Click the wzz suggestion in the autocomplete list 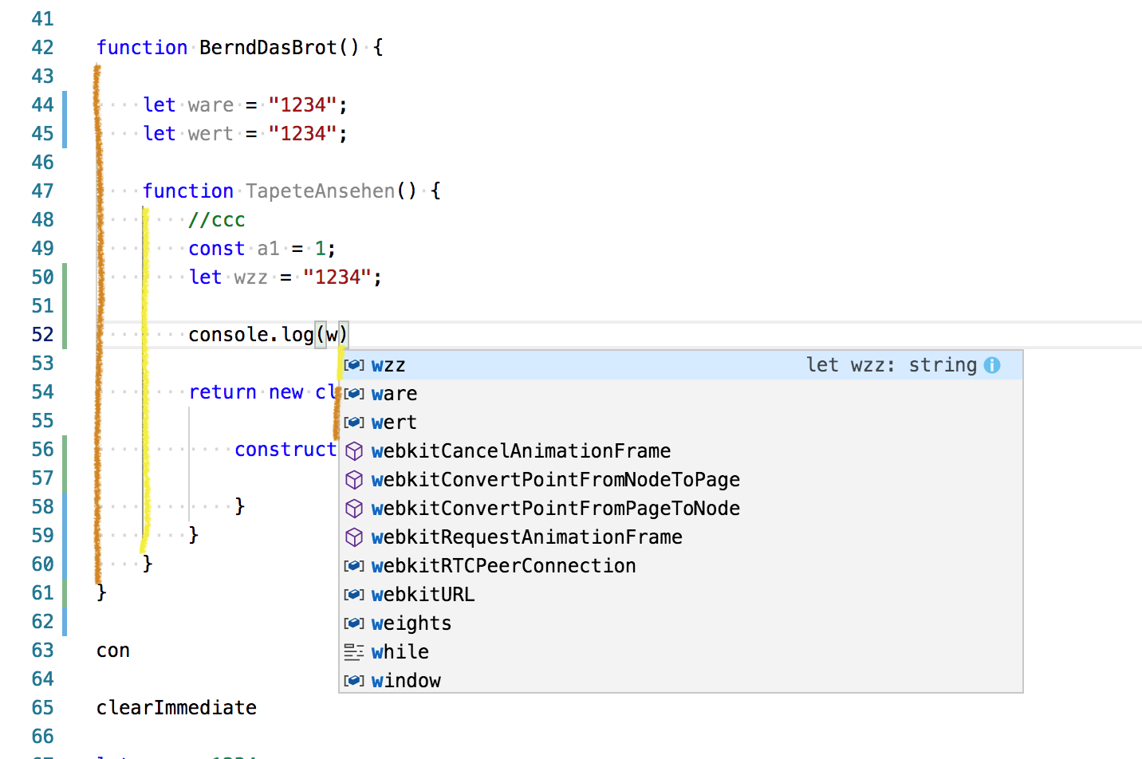click(x=388, y=365)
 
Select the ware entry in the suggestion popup click(x=394, y=394)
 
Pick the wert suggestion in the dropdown click(x=394, y=423)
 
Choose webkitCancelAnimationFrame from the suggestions click(x=521, y=451)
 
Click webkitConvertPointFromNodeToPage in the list click(x=555, y=480)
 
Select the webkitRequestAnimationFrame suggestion click(x=526, y=537)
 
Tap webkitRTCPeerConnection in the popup click(x=503, y=566)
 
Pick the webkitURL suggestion click(x=423, y=595)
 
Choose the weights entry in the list click(x=411, y=623)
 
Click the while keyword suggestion click(x=400, y=652)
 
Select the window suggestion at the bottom click(x=406, y=681)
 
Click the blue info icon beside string click(x=992, y=365)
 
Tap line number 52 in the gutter click(x=42, y=335)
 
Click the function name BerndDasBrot click(x=268, y=48)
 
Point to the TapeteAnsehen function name click(x=320, y=191)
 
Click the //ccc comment click(x=217, y=220)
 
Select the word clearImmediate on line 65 click(x=176, y=708)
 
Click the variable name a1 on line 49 click(x=268, y=249)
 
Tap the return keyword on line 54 click(x=222, y=392)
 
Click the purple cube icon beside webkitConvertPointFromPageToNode click(x=354, y=509)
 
